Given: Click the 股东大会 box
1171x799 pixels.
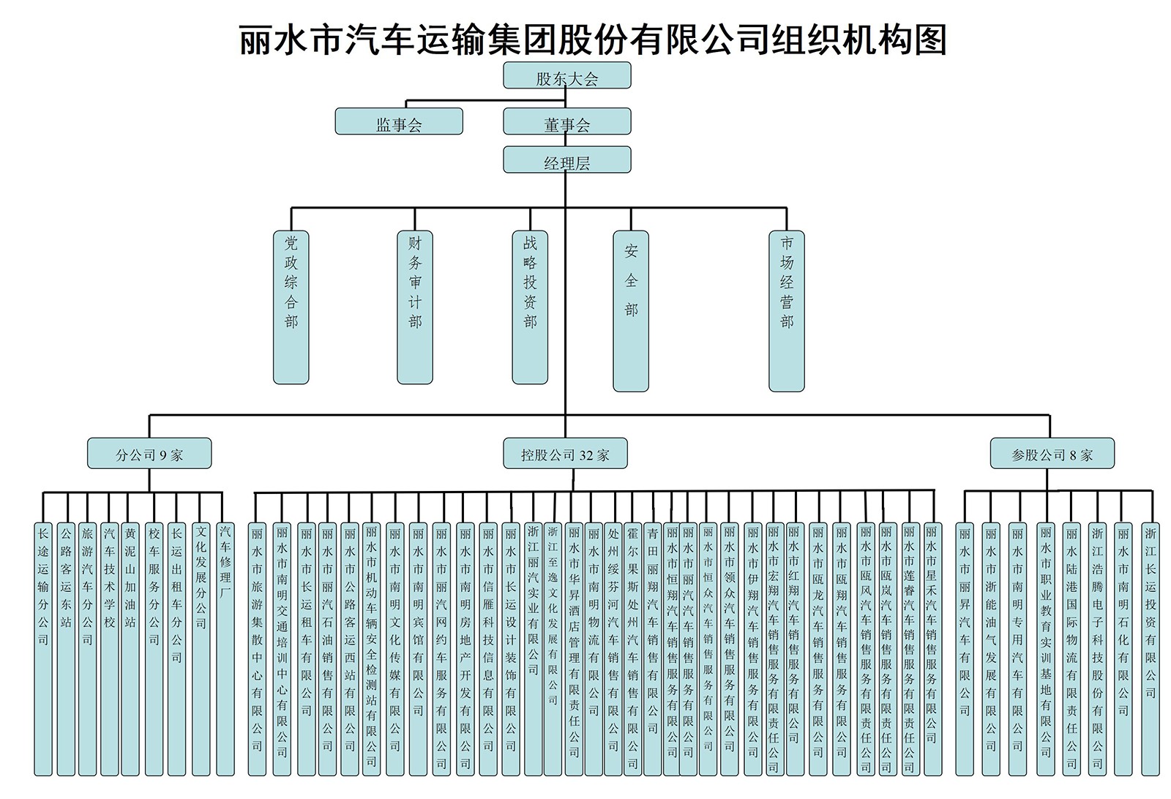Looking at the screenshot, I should pos(566,75).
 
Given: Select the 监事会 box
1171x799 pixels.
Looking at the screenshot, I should pos(399,121).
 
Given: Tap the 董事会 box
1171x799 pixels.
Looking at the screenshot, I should pos(566,121).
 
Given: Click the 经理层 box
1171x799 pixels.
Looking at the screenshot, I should pos(566,160).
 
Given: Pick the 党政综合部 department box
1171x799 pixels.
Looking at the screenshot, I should pos(291,307).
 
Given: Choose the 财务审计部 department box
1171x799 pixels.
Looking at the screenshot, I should pos(415,307).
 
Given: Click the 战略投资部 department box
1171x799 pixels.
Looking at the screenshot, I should pos(530,307).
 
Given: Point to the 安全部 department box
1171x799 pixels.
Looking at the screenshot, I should pos(631,311).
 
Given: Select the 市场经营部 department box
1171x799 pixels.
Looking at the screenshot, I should pos(787,311).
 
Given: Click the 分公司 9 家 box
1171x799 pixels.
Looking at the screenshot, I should pos(149,454).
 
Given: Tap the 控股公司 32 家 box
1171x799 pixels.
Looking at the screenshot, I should pos(565,454).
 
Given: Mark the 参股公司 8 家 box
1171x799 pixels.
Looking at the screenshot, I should pos(1052,454).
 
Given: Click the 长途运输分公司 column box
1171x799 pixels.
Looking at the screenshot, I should pos(43,648).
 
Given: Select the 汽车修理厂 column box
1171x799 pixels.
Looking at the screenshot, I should pos(225,648).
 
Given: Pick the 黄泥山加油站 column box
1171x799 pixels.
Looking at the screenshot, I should pos(130,648).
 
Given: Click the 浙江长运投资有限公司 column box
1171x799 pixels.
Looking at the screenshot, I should pos(1151,648).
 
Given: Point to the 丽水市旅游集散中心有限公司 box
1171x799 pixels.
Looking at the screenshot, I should pos(257,648).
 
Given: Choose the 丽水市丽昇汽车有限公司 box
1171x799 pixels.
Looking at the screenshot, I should pos(965,648).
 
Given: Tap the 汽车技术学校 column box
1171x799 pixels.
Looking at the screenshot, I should pos(109,648).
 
